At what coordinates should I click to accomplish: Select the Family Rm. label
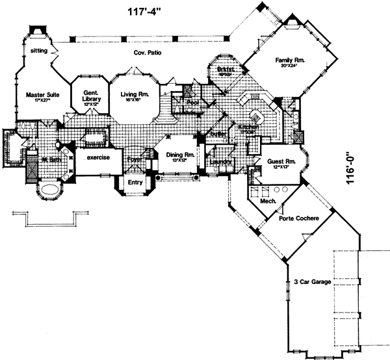(x=290, y=60)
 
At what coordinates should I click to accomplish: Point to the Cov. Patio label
(x=148, y=52)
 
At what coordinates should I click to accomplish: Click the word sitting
(x=38, y=49)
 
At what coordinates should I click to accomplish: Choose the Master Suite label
(x=43, y=95)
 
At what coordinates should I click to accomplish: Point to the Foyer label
(x=134, y=158)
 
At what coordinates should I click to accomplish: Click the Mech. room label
(x=268, y=201)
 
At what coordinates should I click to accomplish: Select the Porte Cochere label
(x=298, y=218)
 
